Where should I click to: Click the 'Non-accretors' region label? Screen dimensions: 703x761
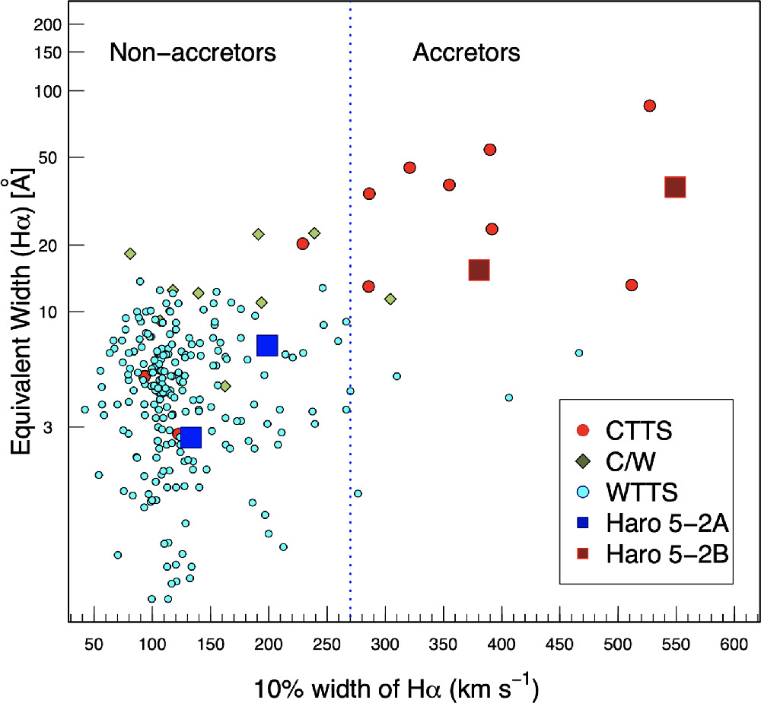click(x=193, y=52)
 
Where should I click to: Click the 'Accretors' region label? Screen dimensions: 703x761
click(x=466, y=52)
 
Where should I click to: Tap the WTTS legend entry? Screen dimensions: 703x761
click(x=642, y=492)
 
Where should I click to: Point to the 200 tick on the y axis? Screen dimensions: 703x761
click(x=49, y=24)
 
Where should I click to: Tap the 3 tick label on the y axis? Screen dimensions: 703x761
click(x=57, y=428)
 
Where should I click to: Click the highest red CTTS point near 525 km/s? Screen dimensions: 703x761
click(x=649, y=106)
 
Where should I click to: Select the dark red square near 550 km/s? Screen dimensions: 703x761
click(x=675, y=187)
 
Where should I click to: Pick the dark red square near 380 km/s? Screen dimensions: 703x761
click(x=479, y=270)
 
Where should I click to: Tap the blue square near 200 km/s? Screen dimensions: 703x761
click(x=267, y=345)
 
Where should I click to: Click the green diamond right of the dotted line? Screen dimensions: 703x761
click(x=390, y=299)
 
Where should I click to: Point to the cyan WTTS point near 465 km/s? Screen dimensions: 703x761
click(x=578, y=353)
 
